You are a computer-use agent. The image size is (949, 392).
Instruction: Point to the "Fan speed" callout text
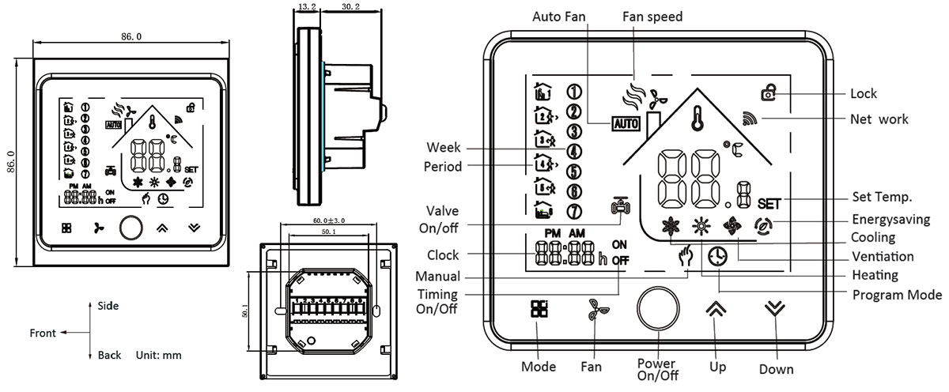click(x=654, y=16)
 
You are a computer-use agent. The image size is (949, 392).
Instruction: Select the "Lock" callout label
click(x=864, y=93)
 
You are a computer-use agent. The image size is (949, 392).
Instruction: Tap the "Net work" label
click(x=879, y=119)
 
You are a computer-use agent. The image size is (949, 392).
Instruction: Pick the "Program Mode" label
click(x=896, y=295)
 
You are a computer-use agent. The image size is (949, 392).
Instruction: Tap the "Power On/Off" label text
click(x=657, y=369)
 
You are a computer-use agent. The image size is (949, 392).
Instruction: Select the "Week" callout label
click(x=444, y=148)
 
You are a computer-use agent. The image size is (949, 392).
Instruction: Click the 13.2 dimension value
click(x=306, y=8)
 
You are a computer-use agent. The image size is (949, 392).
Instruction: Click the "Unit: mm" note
click(x=159, y=356)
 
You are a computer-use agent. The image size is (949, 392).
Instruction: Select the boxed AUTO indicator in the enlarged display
click(x=626, y=124)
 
